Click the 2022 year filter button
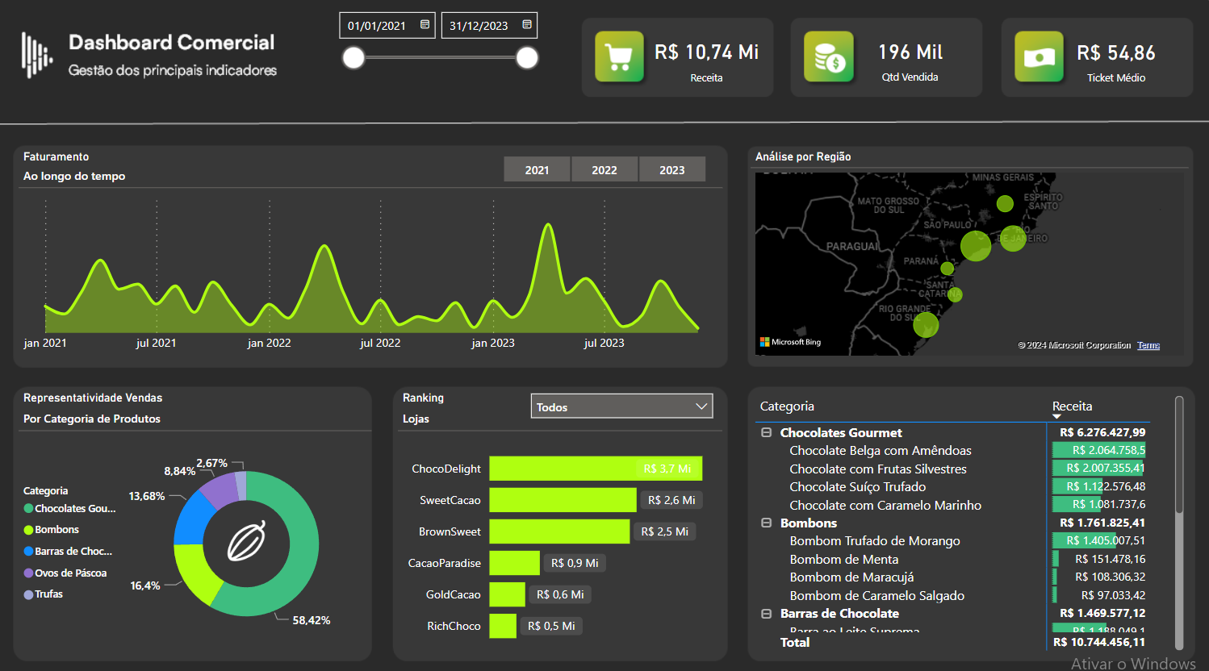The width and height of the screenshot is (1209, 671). [604, 169]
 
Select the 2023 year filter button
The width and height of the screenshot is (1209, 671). [671, 169]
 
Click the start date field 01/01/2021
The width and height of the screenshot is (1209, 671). [377, 26]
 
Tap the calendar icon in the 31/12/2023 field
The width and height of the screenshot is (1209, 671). [527, 25]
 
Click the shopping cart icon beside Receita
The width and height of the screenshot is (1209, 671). [619, 57]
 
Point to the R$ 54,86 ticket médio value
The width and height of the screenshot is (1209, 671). [1115, 53]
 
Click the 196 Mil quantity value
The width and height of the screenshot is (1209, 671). [910, 52]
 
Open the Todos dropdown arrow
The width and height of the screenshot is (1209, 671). [701, 406]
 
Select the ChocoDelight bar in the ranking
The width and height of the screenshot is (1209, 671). [595, 469]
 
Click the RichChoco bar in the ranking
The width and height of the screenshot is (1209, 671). [502, 626]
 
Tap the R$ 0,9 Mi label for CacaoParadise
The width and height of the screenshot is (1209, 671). [575, 563]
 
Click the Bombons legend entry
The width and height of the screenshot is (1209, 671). [56, 530]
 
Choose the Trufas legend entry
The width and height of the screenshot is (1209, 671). [48, 594]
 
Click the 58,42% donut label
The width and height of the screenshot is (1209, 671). [311, 620]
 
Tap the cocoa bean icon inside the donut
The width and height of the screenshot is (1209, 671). [246, 540]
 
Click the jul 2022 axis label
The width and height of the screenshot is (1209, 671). [380, 343]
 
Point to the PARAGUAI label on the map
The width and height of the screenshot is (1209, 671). [852, 246]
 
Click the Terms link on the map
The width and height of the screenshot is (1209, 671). [1148, 345]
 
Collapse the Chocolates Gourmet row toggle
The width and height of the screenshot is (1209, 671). [766, 432]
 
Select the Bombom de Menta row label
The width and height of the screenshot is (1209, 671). [843, 559]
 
